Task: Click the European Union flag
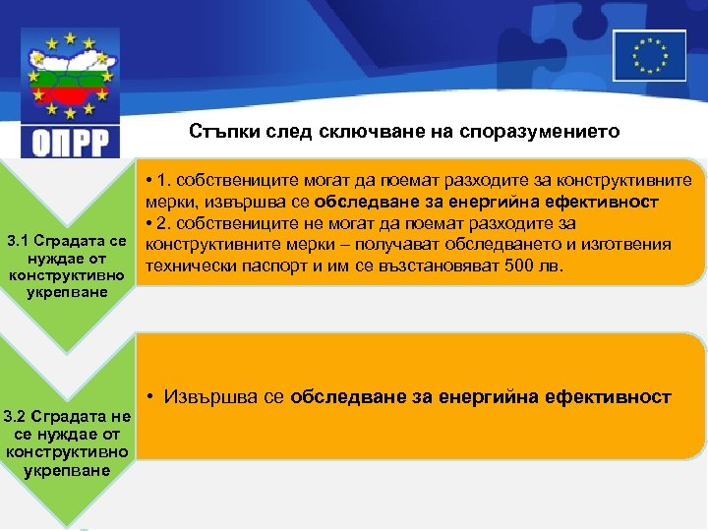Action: click(649, 54)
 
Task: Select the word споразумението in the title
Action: click(555, 132)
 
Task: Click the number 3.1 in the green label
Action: click(21, 241)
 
